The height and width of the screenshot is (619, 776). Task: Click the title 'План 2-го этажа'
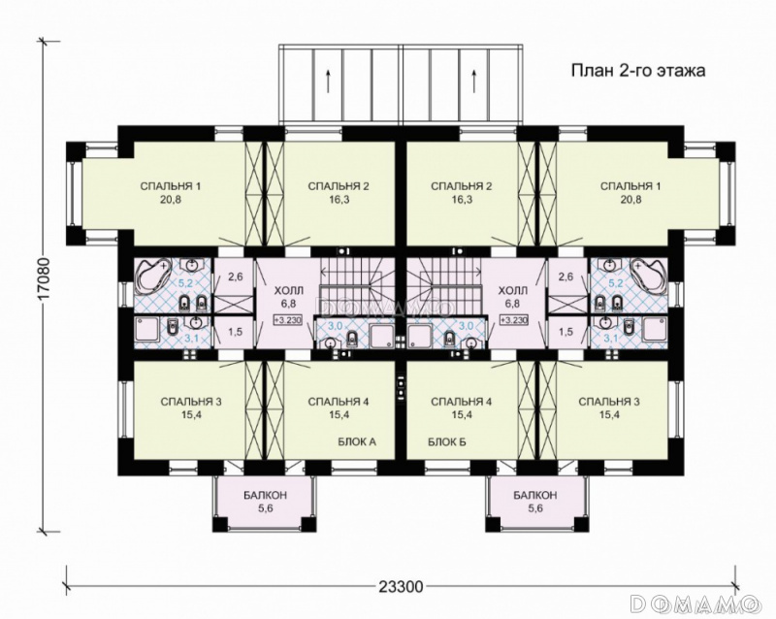(638, 71)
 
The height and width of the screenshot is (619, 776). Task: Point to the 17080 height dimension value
(45, 278)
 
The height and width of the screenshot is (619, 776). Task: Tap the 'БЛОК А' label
(357, 441)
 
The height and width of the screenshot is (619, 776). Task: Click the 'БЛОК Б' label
(447, 441)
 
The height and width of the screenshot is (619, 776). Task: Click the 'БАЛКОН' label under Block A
(265, 495)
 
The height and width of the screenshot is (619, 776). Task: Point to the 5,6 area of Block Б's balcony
(534, 507)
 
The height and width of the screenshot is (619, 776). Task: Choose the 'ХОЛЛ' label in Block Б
(513, 290)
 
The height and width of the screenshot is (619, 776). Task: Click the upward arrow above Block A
(328, 81)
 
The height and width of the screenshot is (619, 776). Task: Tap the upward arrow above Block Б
(474, 81)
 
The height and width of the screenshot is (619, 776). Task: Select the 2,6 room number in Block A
(235, 277)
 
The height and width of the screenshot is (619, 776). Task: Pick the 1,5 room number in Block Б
(566, 332)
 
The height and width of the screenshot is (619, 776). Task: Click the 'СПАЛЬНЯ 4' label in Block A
(339, 402)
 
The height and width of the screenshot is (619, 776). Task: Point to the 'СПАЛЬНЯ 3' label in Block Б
(609, 402)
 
